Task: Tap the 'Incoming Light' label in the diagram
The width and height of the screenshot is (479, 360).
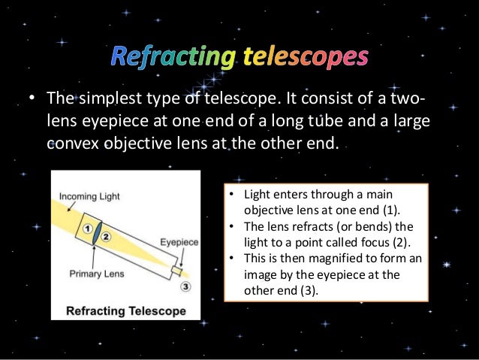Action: pos(89,197)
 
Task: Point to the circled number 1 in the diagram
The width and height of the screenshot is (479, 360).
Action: pos(87,228)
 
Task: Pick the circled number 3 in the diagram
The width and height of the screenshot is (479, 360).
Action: pos(185,286)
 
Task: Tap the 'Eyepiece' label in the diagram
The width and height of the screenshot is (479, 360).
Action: pos(179,242)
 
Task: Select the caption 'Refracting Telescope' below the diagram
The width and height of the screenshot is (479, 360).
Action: pos(125,309)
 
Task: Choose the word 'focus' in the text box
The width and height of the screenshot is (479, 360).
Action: pos(381,241)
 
